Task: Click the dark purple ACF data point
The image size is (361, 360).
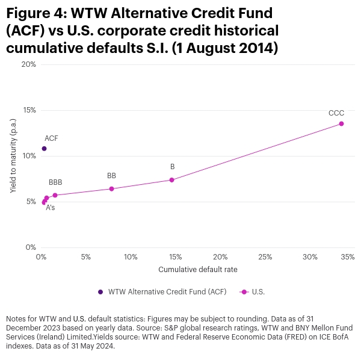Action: pos(44,149)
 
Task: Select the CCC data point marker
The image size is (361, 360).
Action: pos(341,123)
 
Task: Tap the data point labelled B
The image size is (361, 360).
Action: pos(171,180)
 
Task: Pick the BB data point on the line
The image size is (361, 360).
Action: pos(111,189)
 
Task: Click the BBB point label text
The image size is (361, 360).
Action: pos(55,182)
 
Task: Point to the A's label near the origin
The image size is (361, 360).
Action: pos(51,208)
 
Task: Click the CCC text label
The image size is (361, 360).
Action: pos(336,113)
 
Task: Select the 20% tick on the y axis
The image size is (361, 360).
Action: pos(28,64)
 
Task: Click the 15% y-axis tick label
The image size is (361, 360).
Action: pos(28,110)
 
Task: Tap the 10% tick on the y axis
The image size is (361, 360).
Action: pos(28,156)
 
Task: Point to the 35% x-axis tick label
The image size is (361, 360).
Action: pos(347,257)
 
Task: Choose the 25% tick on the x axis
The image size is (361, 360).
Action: pos(265,257)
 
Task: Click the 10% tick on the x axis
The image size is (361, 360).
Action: pos(131,257)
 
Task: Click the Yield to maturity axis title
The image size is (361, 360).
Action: pos(13,157)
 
